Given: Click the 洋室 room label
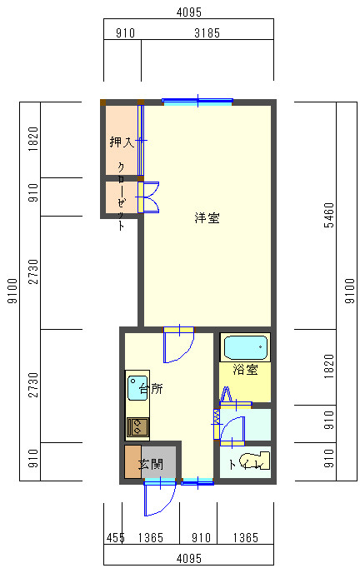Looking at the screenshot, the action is pos(207,217).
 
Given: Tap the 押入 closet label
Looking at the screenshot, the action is pos(122,142).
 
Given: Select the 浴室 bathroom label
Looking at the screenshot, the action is pos(246,370).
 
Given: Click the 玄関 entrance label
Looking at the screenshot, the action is pos(151,464).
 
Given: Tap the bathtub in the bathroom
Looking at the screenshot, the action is pos(246,347).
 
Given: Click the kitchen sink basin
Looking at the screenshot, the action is pos(137,387).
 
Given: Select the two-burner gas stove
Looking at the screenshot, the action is pos(137,426).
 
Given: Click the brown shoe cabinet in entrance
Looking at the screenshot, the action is pos(132,461).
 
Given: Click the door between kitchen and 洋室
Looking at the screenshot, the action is pos(178,344).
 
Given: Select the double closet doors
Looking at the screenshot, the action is pos(148,197).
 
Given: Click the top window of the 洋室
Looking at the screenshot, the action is pos(197,102).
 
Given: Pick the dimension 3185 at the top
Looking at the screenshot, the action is pos(207,33).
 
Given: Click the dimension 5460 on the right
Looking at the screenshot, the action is pos(329,215).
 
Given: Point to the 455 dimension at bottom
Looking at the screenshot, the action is pos(115,537).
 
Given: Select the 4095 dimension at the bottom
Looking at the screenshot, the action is pos(189,559).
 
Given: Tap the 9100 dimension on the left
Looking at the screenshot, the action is pos(12,291).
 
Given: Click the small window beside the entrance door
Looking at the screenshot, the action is pos(197,481).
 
